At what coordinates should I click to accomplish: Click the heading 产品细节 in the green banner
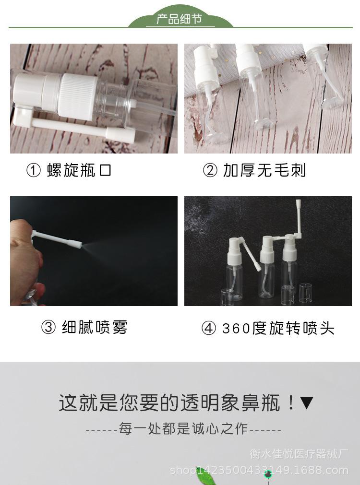(x=180, y=20)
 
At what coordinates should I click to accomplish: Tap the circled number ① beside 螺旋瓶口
(x=34, y=170)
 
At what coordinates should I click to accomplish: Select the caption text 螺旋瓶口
(x=79, y=170)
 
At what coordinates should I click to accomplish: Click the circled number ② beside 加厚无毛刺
(x=210, y=170)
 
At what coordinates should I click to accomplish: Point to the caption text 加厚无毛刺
(x=264, y=170)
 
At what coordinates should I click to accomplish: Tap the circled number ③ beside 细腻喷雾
(x=48, y=328)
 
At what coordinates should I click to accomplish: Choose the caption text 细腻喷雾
(x=95, y=328)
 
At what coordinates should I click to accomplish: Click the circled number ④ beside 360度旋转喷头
(x=209, y=329)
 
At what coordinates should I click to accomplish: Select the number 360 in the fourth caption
(x=236, y=329)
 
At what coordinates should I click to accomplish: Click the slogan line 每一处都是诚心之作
(x=184, y=429)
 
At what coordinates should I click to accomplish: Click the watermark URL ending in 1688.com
(x=259, y=470)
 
